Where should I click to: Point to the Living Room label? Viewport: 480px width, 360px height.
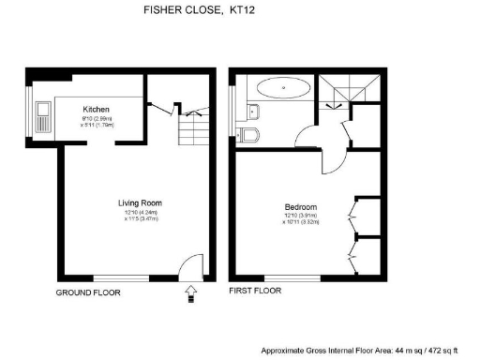coord(136,202)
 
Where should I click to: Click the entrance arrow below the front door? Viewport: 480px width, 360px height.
coord(192,294)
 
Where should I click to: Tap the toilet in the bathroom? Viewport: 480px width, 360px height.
coord(249,137)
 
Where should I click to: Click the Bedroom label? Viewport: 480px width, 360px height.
coord(301,207)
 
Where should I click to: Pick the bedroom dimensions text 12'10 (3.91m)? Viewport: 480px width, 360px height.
coord(301,217)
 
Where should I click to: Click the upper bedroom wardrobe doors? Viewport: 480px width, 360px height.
coord(352,213)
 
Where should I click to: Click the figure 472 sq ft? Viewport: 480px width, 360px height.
coord(440,349)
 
